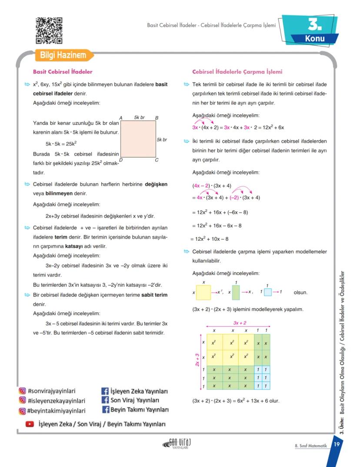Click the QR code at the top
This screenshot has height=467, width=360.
click(x=49, y=30)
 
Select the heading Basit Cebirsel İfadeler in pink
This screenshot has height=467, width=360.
click(x=63, y=72)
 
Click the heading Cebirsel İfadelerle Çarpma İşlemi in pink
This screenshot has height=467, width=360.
click(x=237, y=72)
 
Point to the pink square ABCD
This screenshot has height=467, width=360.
click(x=138, y=139)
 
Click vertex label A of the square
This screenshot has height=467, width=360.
click(x=120, y=118)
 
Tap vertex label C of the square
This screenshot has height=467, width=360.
click(x=157, y=160)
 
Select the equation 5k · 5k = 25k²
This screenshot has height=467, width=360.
click(x=61, y=144)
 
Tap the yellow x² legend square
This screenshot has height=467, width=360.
click(x=203, y=292)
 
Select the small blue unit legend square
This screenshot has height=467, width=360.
click(x=267, y=292)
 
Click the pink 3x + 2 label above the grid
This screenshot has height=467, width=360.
click(x=240, y=323)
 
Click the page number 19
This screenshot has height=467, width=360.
click(x=337, y=444)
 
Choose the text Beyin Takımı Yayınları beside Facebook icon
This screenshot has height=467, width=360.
click(x=139, y=410)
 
